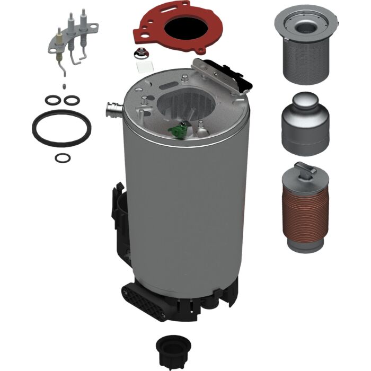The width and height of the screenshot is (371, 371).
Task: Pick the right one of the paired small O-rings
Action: click(x=70, y=100)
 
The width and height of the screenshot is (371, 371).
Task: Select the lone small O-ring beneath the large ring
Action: click(x=63, y=157)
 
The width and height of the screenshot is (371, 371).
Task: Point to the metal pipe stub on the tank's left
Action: click(x=113, y=110)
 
